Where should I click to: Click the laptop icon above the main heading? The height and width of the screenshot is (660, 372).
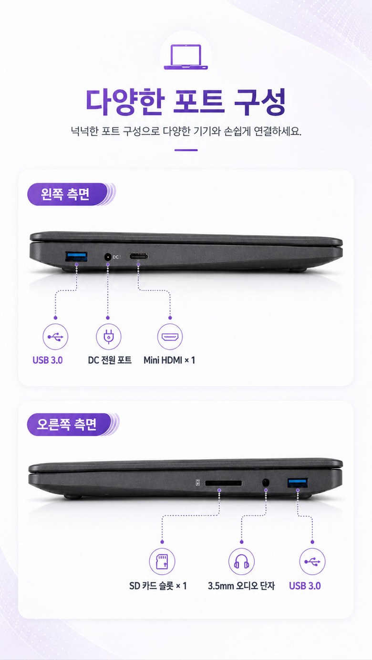[x=186, y=57]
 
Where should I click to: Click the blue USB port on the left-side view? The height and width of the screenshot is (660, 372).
[x=76, y=256]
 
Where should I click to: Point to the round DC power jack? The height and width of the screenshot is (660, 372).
[x=108, y=257]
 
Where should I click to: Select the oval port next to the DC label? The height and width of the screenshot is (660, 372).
[x=138, y=257]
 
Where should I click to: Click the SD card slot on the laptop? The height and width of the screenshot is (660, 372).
[x=223, y=483]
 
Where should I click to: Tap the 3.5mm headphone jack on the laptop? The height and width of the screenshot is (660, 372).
[x=266, y=483]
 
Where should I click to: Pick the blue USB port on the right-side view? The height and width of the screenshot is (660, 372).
[x=298, y=483]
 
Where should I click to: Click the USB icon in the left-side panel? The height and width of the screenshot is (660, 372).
[x=55, y=337]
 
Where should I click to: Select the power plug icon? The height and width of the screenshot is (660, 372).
[x=109, y=337]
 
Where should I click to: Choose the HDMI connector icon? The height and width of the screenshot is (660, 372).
[x=170, y=337]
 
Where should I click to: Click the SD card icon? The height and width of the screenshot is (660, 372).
[x=162, y=561]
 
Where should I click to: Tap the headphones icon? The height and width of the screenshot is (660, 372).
[x=242, y=561]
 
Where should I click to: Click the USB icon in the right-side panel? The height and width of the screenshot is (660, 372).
[x=312, y=561]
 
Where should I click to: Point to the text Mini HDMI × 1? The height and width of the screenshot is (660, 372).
[x=169, y=360]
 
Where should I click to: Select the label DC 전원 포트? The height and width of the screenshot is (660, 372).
[x=110, y=360]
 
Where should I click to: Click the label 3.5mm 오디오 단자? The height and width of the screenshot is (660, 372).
[x=241, y=586]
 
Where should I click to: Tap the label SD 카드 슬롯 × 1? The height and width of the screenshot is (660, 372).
[x=158, y=586]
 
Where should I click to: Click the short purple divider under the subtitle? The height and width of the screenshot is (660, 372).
[x=186, y=150]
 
